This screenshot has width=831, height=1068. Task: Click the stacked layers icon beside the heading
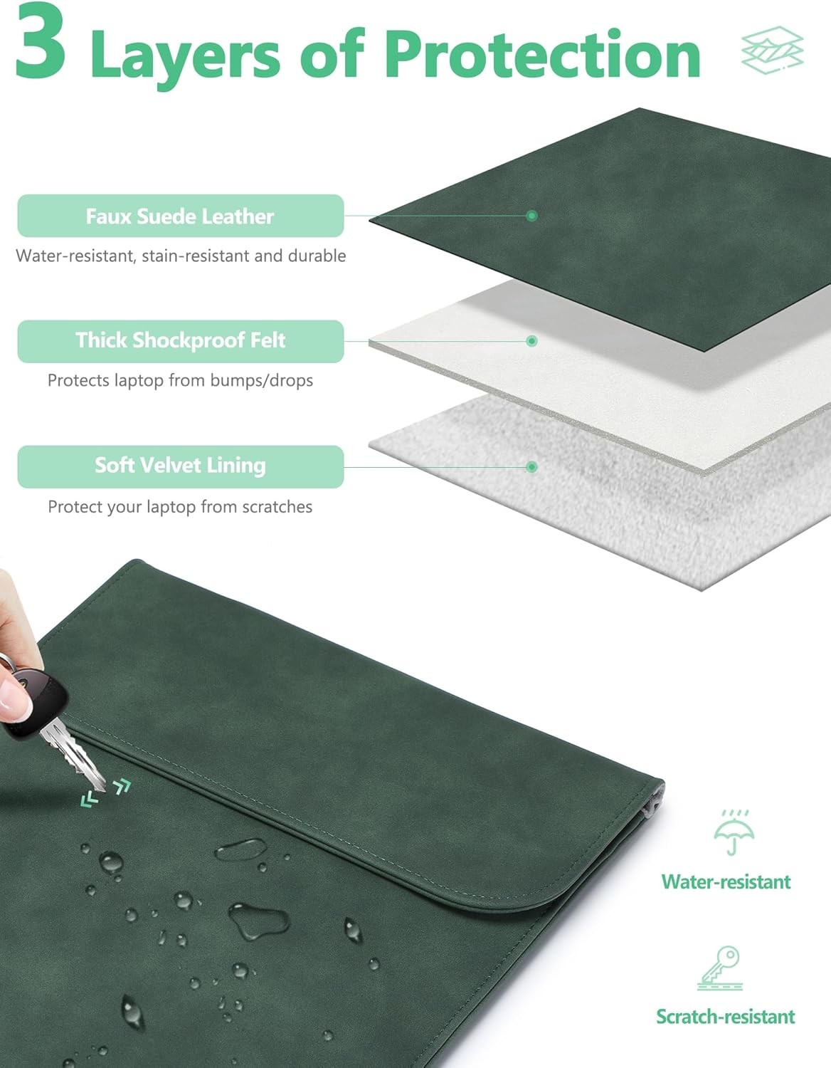pos(771,50)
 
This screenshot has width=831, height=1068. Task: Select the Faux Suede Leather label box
pos(180,216)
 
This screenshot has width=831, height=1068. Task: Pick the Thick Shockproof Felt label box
pos(180,341)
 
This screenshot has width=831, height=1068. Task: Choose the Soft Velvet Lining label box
pos(180,466)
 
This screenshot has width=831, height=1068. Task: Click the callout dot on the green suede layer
pos(531,216)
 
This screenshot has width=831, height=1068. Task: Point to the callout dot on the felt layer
pos(531,341)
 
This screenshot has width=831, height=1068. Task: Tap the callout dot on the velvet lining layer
pos(531,467)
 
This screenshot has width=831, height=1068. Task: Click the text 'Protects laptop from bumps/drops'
pos(180,380)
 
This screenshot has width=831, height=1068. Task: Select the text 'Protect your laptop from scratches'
pos(180,507)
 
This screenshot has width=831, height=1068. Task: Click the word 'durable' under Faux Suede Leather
pos(317,256)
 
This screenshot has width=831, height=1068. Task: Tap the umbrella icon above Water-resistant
pos(734,832)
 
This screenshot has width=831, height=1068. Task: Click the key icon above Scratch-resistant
pos(721,968)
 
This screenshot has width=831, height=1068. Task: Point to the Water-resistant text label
pos(726,881)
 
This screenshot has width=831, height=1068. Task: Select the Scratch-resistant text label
pos(726,1017)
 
